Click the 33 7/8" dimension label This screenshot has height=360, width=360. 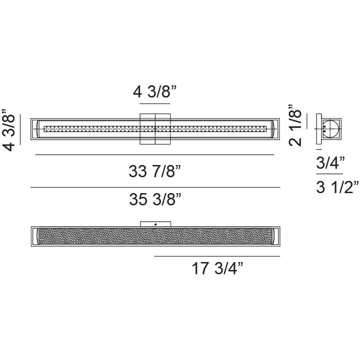pos(155,172)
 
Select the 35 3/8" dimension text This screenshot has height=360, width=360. pos(155,200)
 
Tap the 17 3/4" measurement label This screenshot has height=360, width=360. pos(217,270)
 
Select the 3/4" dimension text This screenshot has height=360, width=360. pos(330,163)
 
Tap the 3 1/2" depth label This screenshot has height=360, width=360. pos(337,188)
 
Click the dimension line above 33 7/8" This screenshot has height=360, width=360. pos(154,155)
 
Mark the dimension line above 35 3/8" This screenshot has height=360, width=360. pos(155,187)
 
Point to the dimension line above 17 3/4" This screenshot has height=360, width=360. pos(217,256)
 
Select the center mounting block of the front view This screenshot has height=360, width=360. pos(155,129)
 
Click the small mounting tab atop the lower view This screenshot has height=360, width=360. pos(155,224)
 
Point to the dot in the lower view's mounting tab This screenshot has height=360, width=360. pos(155,225)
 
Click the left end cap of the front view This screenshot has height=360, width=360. pos(36,129)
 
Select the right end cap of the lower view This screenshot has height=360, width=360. pos(275,234)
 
